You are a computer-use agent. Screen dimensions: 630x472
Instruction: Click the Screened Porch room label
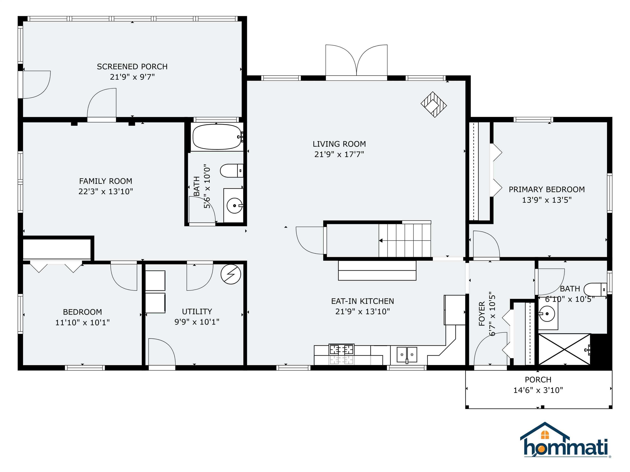coord(132,67)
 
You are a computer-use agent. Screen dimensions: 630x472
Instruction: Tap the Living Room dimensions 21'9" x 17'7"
coord(339,154)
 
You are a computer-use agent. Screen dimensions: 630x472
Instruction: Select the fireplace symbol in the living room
coord(434,104)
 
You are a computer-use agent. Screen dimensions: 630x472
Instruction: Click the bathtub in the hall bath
coord(217,137)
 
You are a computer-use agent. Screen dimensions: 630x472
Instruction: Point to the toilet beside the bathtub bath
coord(232,171)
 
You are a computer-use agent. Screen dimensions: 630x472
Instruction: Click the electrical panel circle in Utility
coord(231,274)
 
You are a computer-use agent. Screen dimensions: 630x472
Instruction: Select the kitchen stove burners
coord(341,349)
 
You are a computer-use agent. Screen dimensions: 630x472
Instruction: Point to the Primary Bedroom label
coord(547,189)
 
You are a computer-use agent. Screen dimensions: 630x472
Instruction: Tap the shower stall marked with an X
coord(564,349)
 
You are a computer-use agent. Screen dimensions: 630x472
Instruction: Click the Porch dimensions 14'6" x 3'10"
coord(538,390)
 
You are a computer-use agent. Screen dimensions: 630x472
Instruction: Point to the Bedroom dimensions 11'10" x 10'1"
coord(82,322)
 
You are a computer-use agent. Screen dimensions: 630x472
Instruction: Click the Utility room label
coord(197,312)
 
